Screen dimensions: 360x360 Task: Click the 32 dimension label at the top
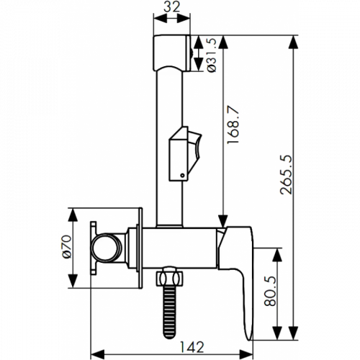(x=171, y=6)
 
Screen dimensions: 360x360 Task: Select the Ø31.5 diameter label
(x=212, y=55)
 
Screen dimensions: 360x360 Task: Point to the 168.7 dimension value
(x=233, y=125)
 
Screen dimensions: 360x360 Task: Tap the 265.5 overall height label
(x=286, y=174)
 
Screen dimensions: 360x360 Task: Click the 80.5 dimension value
(x=270, y=291)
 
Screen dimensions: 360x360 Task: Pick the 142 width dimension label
(x=192, y=347)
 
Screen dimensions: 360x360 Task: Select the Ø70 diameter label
(x=67, y=246)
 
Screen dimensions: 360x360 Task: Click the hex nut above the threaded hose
(x=169, y=279)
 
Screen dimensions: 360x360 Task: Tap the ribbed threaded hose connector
(x=169, y=312)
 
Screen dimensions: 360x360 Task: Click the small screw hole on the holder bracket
(x=182, y=176)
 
